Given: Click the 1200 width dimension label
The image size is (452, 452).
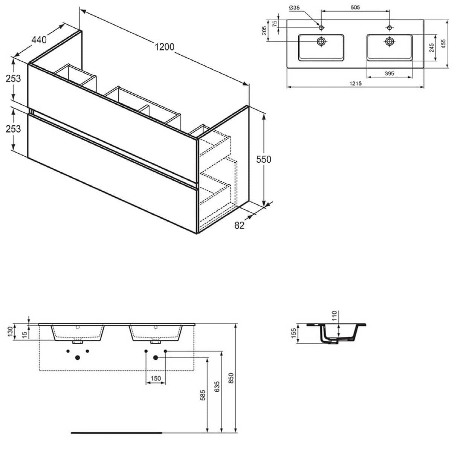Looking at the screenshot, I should click(164, 47).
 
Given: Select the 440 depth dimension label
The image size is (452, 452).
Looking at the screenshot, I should click(39, 40).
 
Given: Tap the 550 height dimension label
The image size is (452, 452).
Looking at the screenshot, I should click(264, 159).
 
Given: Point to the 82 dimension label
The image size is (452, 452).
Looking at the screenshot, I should click(239, 225).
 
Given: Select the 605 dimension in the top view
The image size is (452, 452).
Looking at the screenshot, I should click(355, 8).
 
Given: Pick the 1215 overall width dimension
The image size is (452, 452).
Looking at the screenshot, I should click(355, 84).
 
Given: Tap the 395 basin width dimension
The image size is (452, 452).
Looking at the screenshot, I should click(389, 73).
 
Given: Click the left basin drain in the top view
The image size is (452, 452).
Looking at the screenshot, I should click(321, 41).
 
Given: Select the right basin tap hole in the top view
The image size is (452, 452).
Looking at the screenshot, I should click(389, 27).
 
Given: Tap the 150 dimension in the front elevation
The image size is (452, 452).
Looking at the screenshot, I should click(156, 379).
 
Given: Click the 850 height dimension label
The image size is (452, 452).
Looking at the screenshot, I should click(231, 378).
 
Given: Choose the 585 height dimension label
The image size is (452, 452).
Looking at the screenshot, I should click(203, 395).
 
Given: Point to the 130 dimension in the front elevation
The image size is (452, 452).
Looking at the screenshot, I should click(9, 332).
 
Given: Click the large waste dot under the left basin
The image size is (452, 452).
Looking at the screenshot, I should click(78, 357).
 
